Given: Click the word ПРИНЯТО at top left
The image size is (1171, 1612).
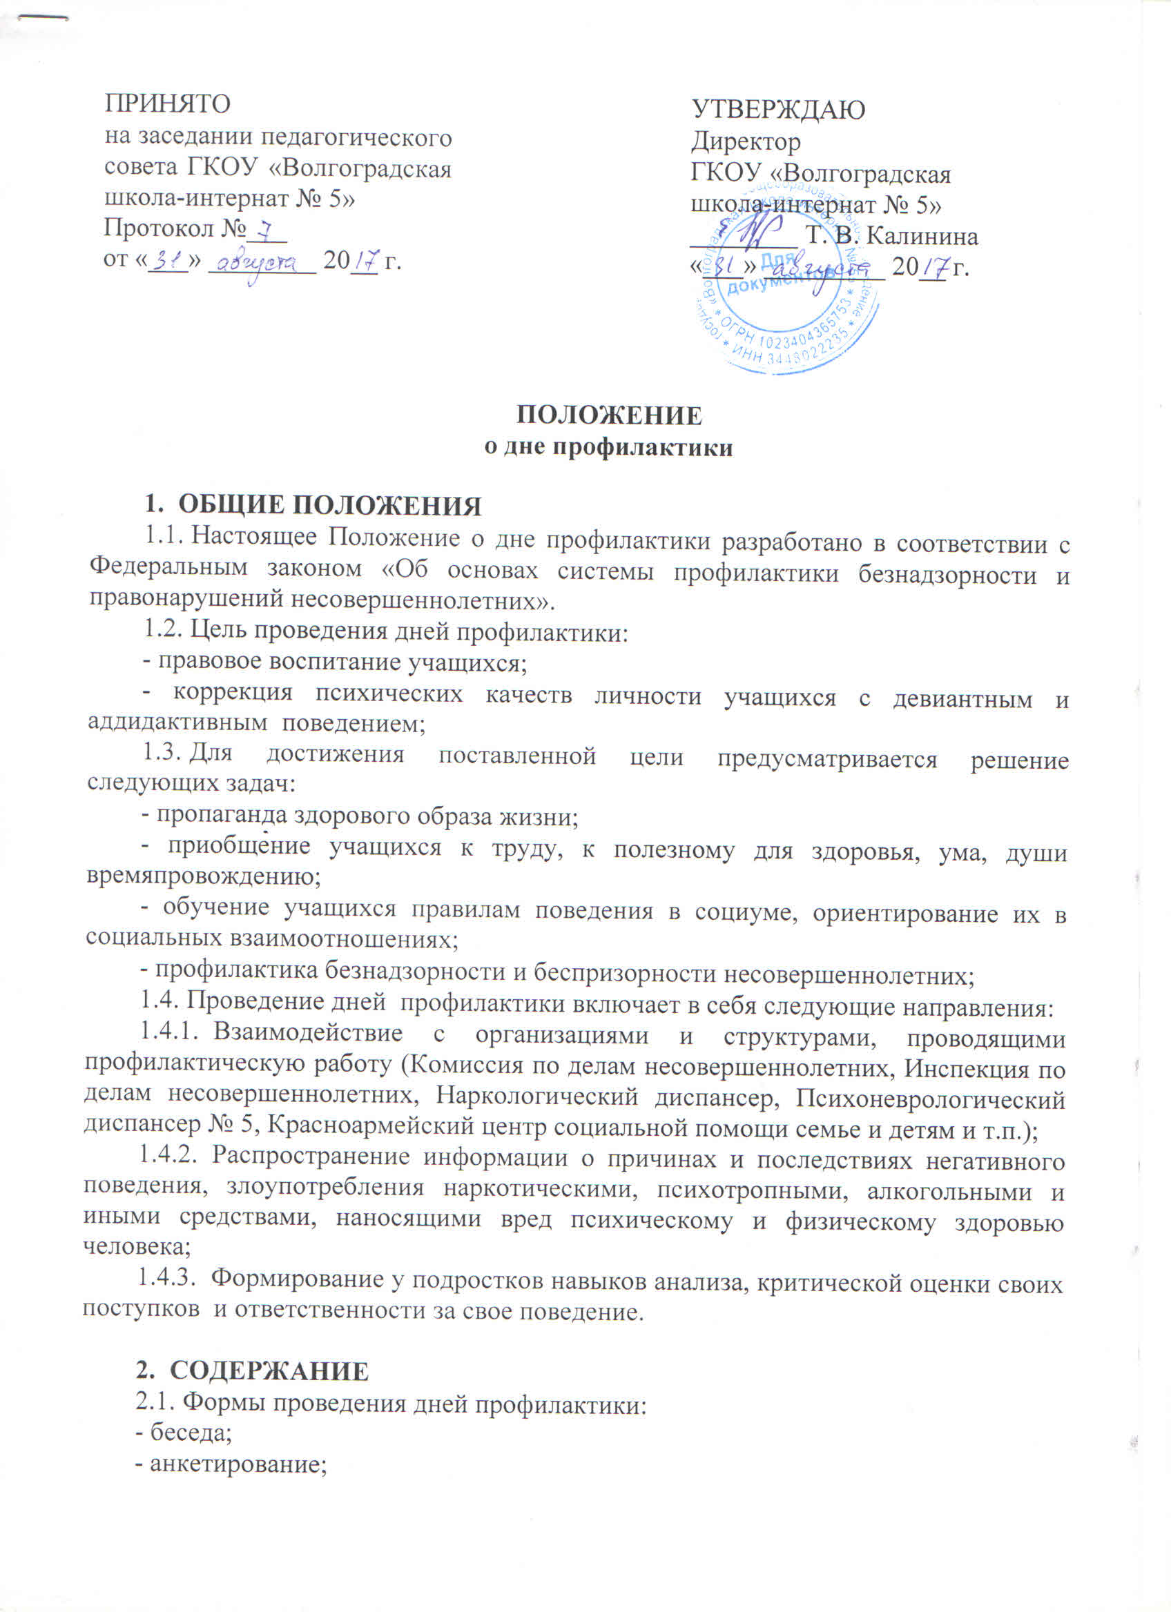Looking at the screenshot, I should (x=168, y=104).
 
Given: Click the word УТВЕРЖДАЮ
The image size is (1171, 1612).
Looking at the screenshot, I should (x=779, y=110).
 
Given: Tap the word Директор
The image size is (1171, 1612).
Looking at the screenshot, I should (x=746, y=142).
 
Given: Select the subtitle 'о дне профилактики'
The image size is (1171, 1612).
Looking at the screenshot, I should (x=608, y=449).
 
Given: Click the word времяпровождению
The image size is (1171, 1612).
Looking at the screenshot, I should (x=202, y=876).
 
